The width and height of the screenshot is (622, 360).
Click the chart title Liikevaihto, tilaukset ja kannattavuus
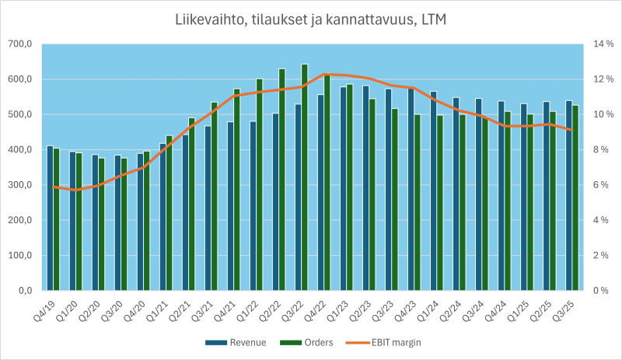(x=310, y=18)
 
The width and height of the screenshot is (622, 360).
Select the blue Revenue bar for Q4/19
(x=50, y=218)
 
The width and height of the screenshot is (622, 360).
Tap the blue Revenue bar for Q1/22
(x=252, y=206)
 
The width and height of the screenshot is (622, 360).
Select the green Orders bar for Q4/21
(x=237, y=190)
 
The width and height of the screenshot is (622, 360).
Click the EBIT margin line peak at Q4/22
(x=325, y=74)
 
